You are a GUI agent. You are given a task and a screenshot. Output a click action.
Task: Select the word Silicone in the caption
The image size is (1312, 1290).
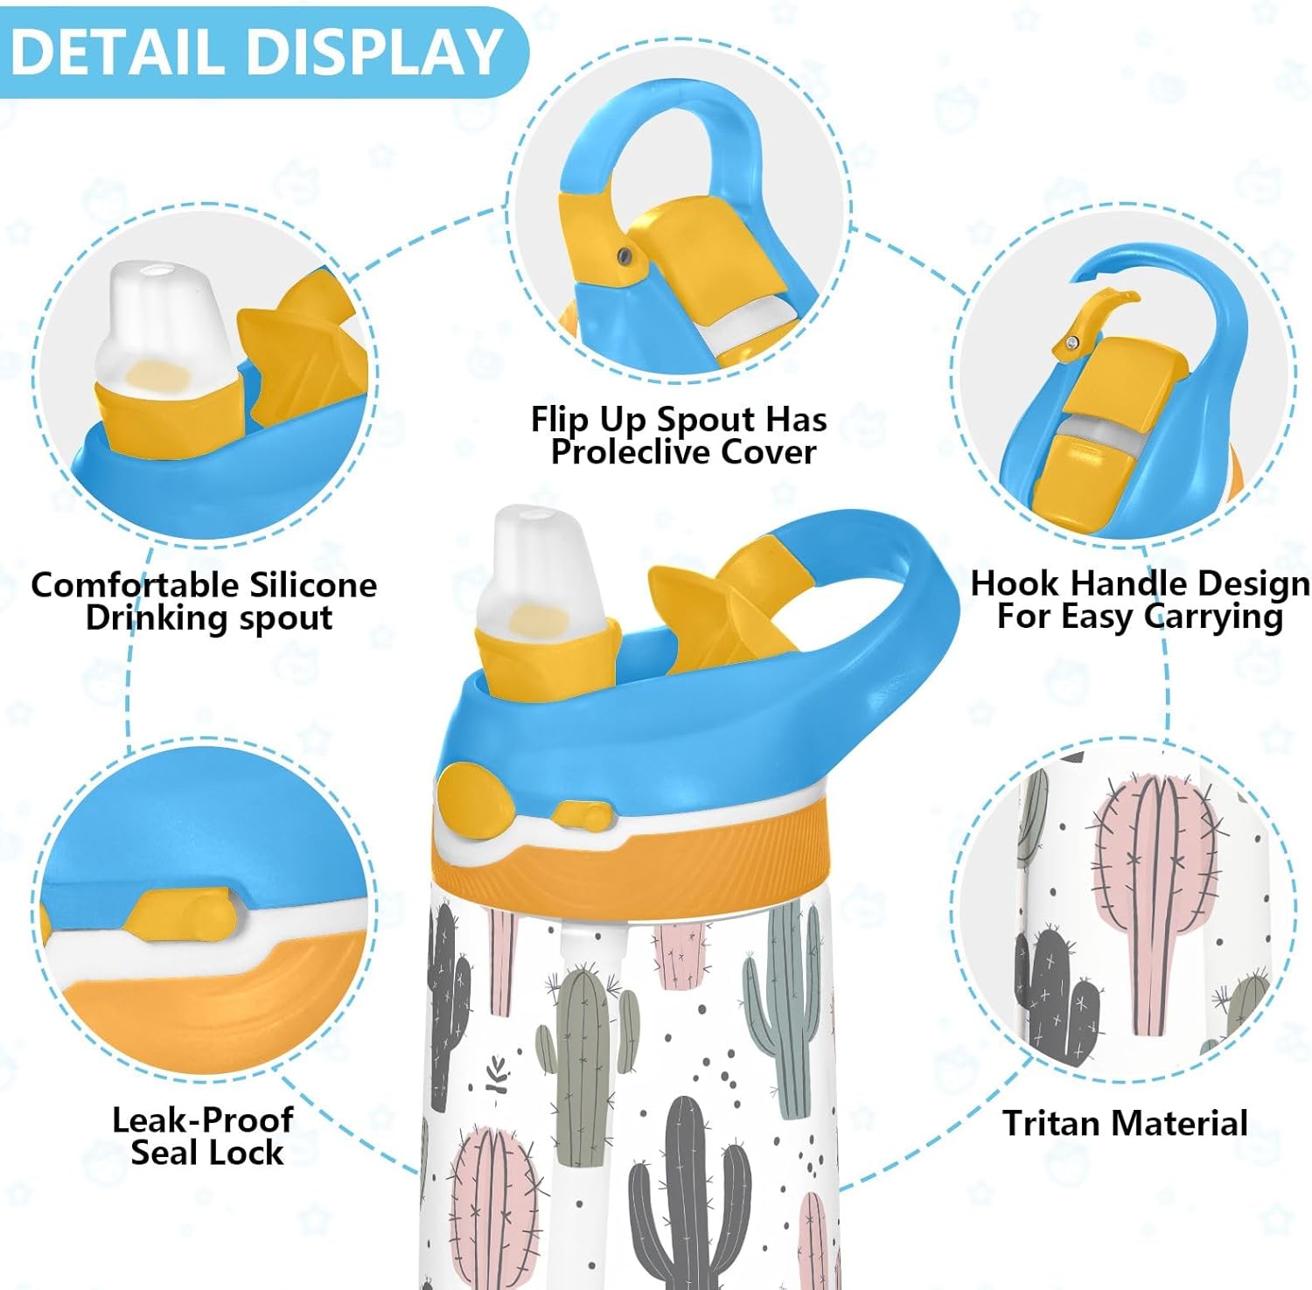[x=313, y=584]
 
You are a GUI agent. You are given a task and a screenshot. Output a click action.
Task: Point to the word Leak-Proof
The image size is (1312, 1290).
[x=203, y=1120]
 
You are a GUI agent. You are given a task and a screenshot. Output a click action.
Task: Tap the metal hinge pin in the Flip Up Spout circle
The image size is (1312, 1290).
[x=624, y=255]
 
